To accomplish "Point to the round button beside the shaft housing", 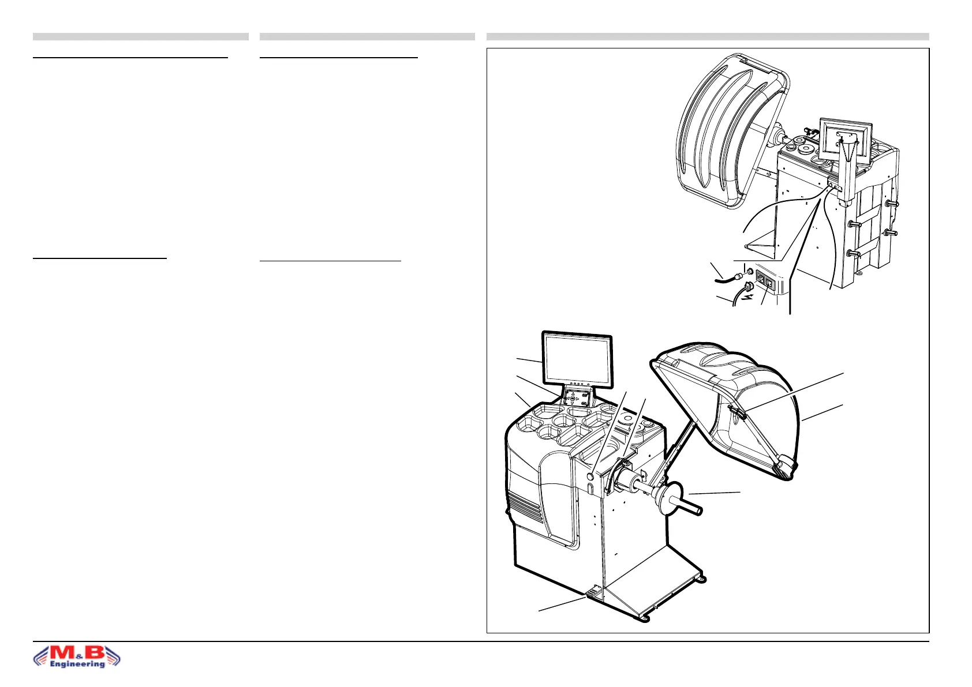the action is coord(590,476).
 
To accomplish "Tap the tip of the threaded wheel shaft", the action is coord(698,511).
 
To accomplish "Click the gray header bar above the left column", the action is coord(140,37).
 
